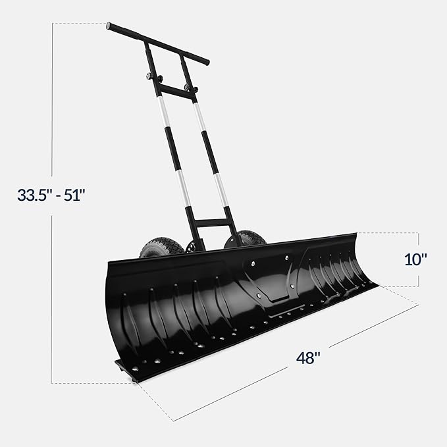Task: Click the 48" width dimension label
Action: click(x=307, y=359)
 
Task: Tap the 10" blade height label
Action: click(x=415, y=259)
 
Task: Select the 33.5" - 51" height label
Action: click(x=52, y=196)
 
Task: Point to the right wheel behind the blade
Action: click(x=246, y=238)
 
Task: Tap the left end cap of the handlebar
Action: click(x=109, y=26)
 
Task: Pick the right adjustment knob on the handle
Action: click(x=191, y=88)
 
